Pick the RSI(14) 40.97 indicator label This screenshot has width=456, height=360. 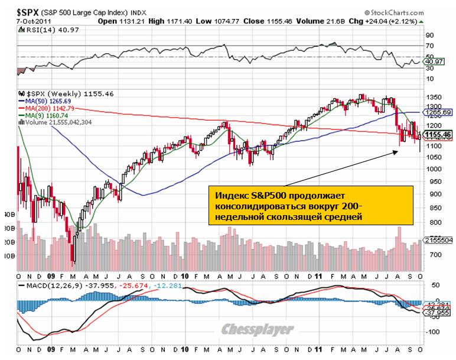click(50, 31)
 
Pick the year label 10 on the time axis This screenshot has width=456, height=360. click(185, 276)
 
